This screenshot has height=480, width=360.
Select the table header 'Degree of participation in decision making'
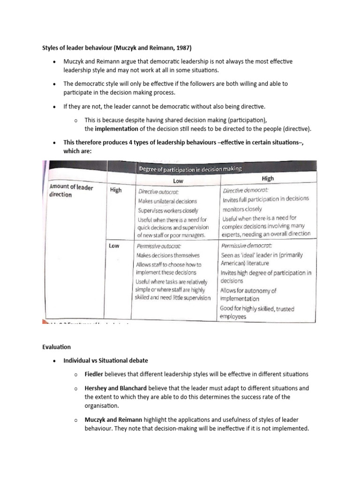pyautogui.click(x=189, y=169)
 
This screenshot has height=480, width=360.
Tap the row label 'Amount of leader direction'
pyautogui.click(x=71, y=191)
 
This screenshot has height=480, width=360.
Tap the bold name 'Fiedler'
pyautogui.click(x=94, y=374)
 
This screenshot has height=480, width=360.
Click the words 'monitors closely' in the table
pyautogui.click(x=242, y=209)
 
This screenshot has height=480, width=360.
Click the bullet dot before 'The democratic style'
pyautogui.click(x=55, y=83)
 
